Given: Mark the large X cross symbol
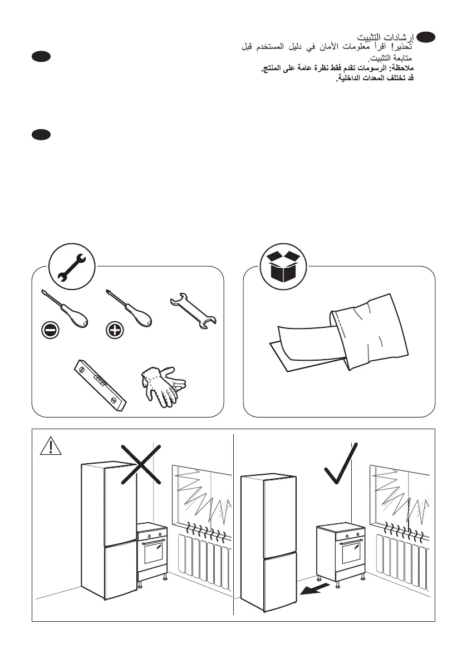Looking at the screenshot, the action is click(141, 463).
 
